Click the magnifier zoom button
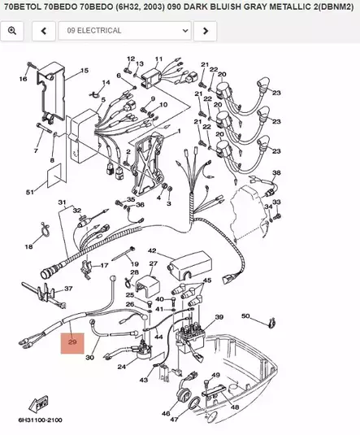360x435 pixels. pos(13,31)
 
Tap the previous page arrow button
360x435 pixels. pos(44,31)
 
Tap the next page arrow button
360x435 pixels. pos(207,31)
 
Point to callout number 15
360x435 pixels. pos(84,72)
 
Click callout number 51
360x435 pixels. pos(30,192)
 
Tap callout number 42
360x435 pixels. pos(151,250)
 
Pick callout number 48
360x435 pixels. pos(234,407)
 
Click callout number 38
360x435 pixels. pos(276,173)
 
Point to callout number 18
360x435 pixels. pos(29,246)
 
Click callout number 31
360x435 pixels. pos(61,202)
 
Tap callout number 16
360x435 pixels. pos(23,79)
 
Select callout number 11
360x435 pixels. pos(158,59)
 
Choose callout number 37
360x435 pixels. pos(68,289)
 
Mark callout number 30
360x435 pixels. pos(90,357)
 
